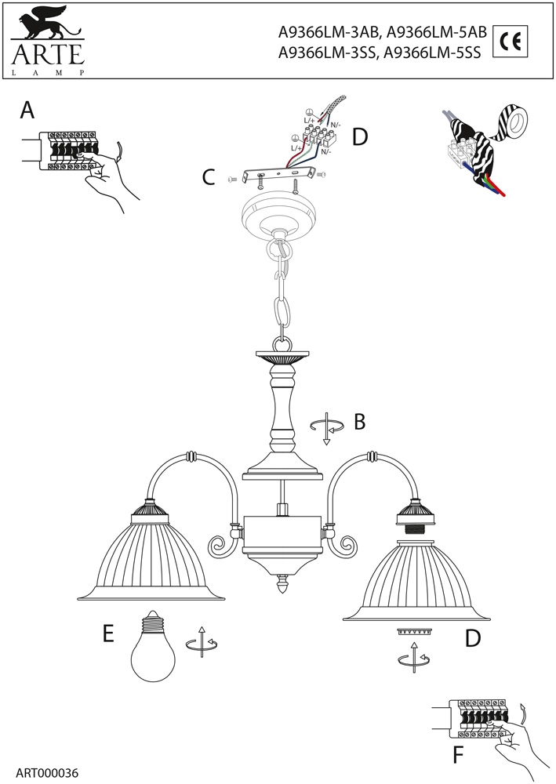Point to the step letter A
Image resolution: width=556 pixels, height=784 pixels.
[27, 111]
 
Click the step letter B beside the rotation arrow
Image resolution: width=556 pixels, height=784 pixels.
[360, 422]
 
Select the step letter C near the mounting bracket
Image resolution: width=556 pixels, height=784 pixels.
[208, 177]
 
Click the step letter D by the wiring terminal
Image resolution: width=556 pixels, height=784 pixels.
[360, 138]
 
